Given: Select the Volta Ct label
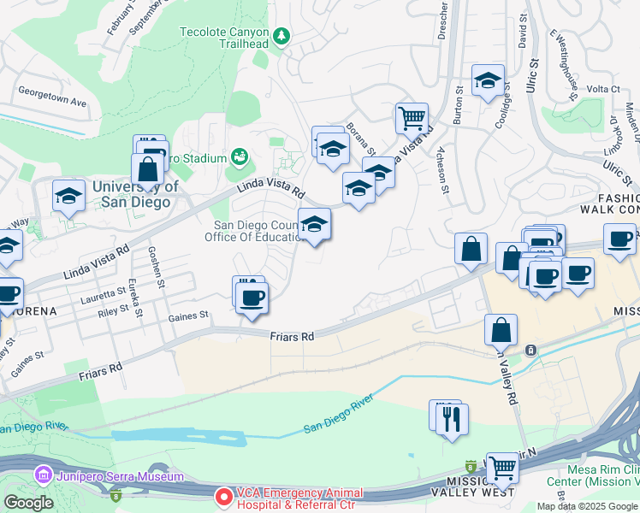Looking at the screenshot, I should [602, 89].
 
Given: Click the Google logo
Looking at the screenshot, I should [27, 503].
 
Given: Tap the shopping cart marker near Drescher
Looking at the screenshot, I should [412, 117].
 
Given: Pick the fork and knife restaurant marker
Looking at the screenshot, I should [453, 419].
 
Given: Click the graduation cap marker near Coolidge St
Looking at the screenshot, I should [488, 81].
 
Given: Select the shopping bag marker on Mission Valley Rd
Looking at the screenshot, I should [501, 331].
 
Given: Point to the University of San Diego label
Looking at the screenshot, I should [134, 195].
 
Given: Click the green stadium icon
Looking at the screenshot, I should [239, 158].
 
